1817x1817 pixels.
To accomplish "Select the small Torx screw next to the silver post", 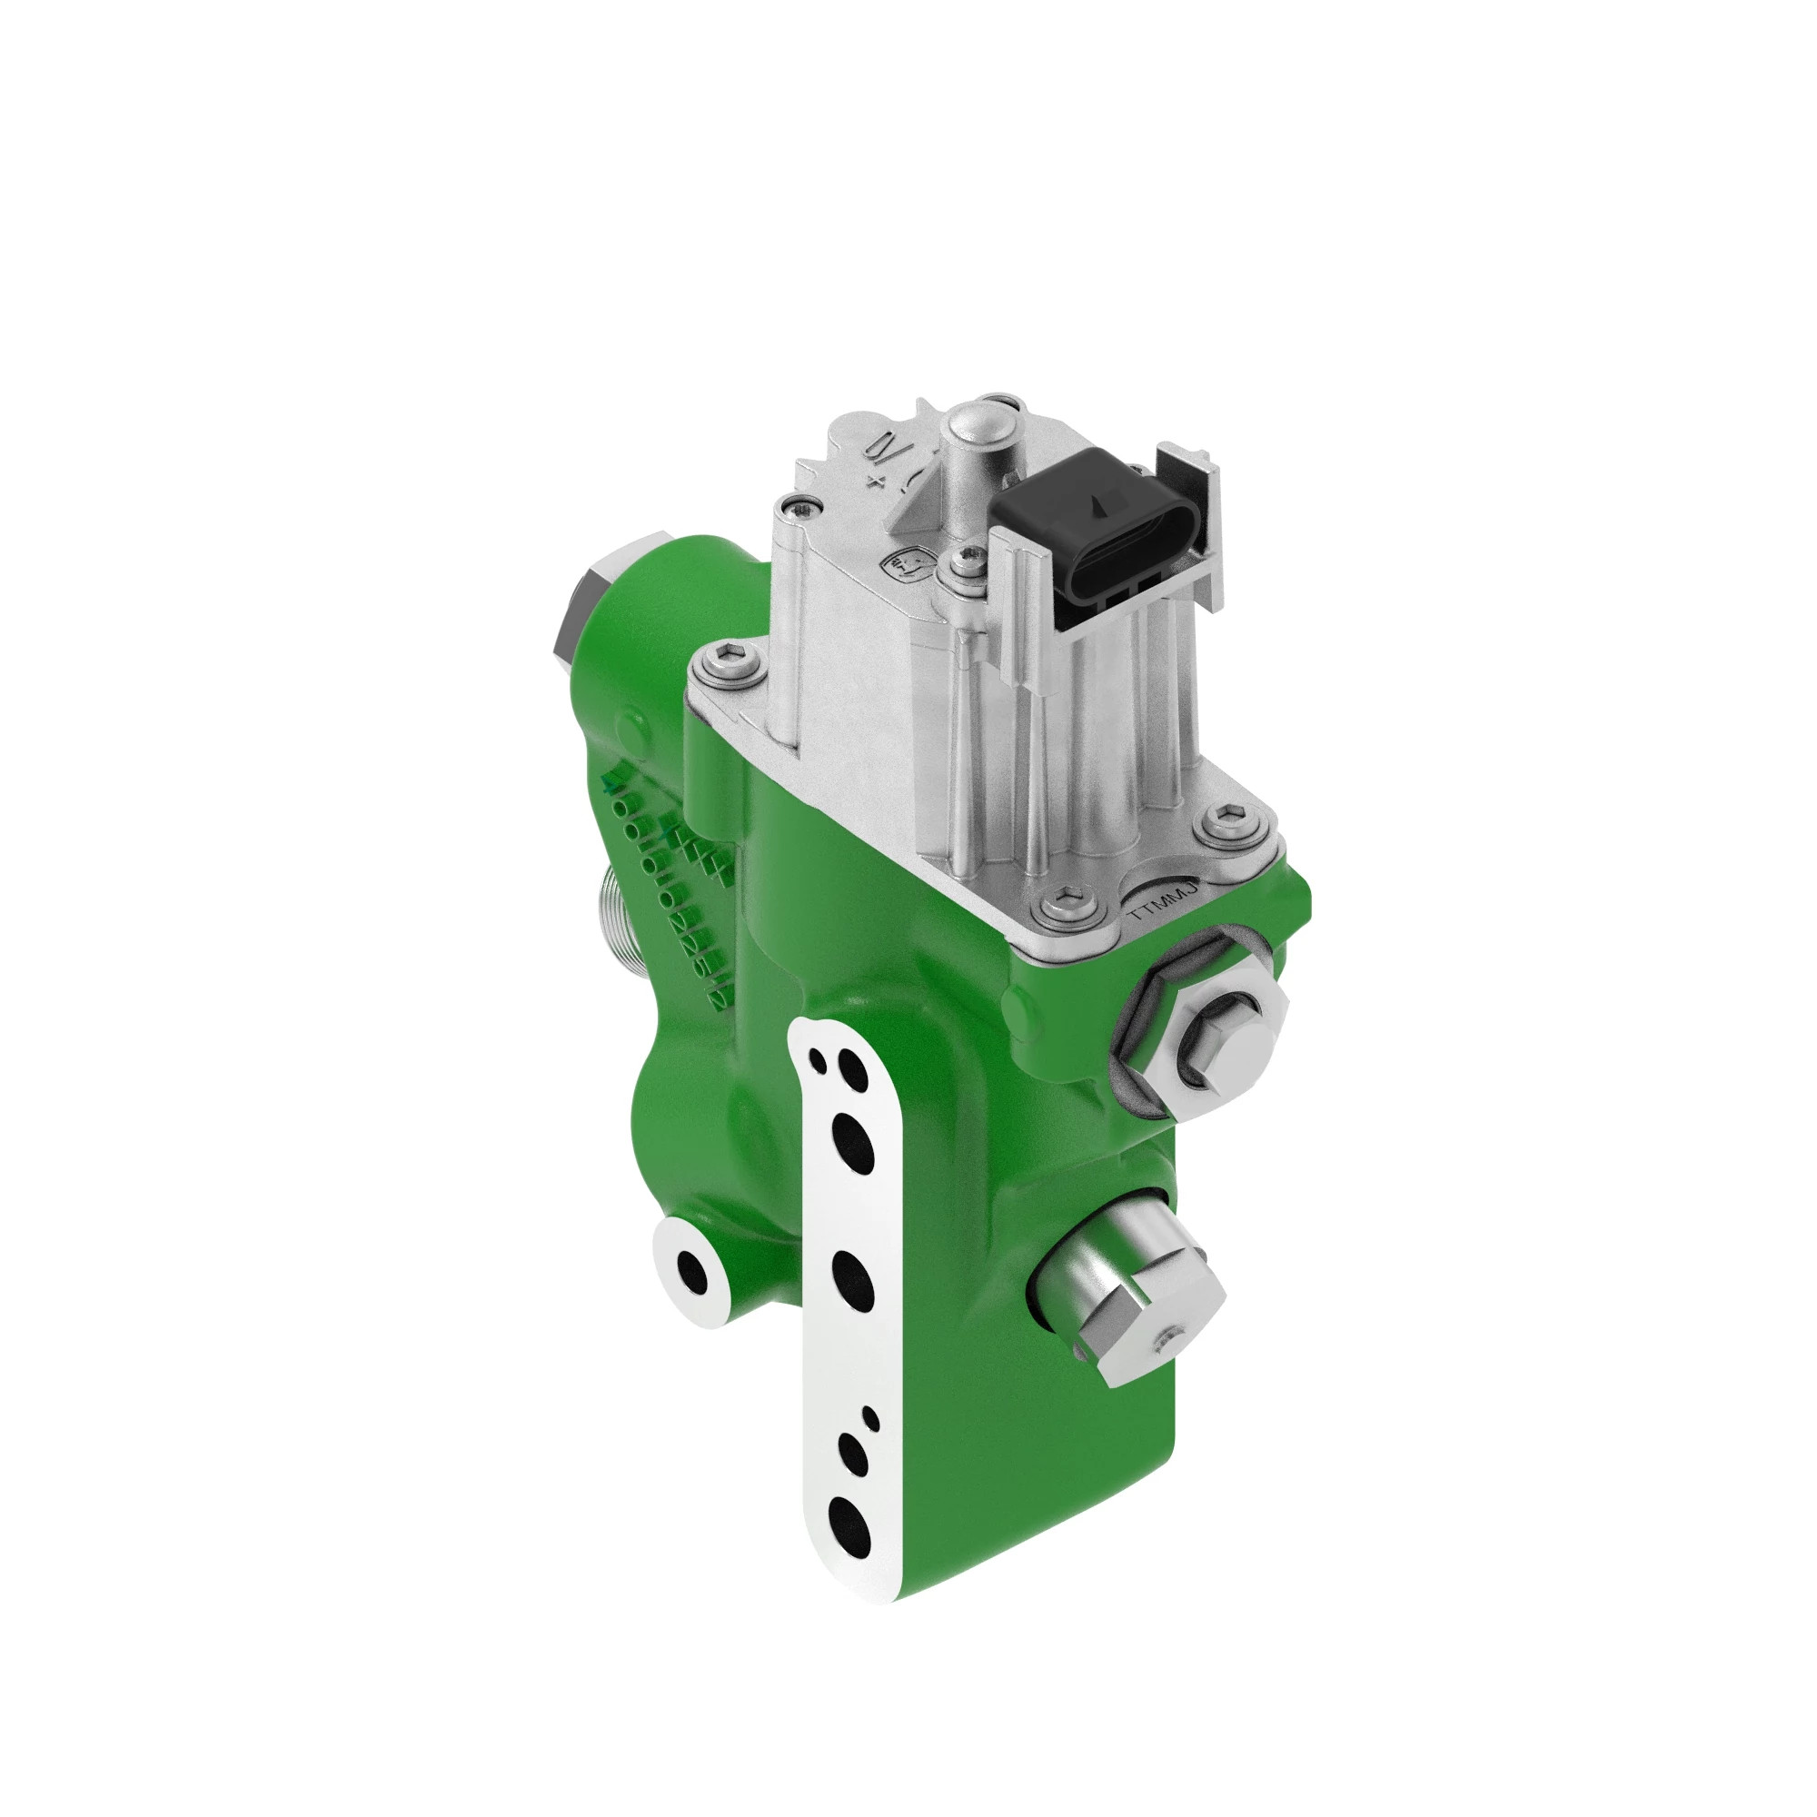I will click(x=961, y=562).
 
